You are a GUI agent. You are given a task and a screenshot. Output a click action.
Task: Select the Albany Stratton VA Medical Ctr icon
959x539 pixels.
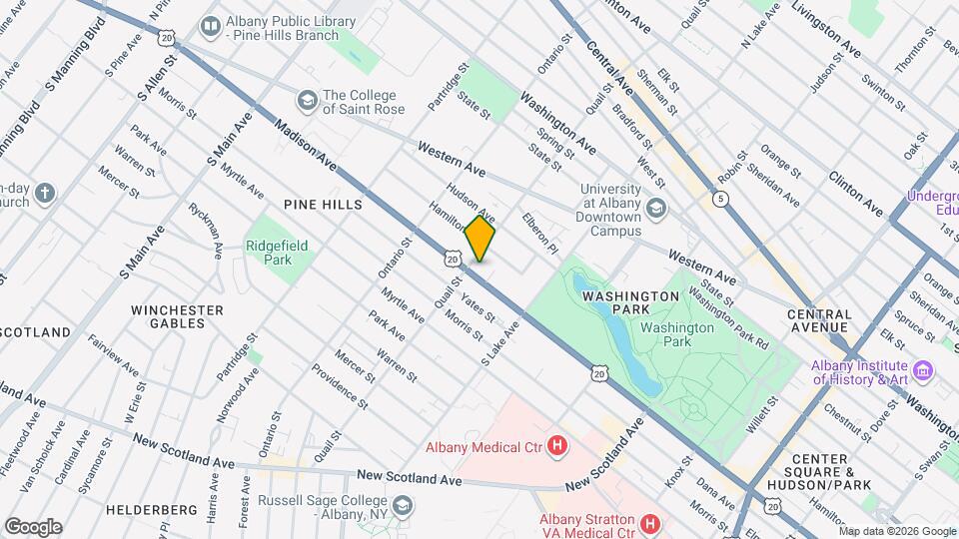click(x=649, y=523)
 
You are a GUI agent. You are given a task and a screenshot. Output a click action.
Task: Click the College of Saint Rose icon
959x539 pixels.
click(x=307, y=100)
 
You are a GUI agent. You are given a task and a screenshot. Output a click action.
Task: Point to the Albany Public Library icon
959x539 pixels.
click(x=211, y=26)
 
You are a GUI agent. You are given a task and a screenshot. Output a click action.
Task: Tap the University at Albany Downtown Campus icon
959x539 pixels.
click(x=655, y=208)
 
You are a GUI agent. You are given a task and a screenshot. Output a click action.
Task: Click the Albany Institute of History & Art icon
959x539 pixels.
click(x=923, y=372)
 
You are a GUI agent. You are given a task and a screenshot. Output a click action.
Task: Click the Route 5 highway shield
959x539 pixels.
click(x=720, y=199)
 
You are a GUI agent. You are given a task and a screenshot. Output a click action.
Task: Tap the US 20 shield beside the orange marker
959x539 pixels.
click(x=453, y=260)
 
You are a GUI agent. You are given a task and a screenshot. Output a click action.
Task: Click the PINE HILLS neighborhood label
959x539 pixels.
click(x=322, y=204)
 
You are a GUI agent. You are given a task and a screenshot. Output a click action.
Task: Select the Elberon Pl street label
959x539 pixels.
click(x=538, y=232)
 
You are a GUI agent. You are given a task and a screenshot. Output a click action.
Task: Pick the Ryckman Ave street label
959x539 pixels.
click(x=205, y=231)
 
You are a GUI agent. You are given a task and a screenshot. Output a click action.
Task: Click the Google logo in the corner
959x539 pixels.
click(x=33, y=526)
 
